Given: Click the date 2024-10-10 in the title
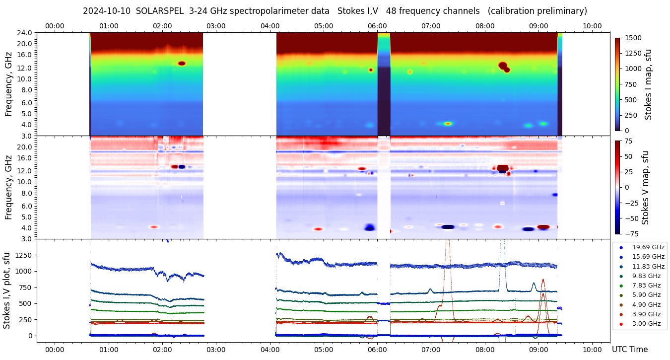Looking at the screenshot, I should coord(107,11).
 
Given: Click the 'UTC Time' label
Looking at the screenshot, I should coord(630,350).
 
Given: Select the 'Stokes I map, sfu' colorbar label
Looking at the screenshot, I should coord(648,84).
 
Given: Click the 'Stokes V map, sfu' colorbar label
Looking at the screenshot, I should coord(645,187).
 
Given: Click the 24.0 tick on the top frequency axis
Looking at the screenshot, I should coord(25,33).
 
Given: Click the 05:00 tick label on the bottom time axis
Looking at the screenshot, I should coord(324,350).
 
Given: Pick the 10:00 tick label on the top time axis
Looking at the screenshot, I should coord(592,26).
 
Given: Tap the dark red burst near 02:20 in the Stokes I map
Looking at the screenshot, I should coord(182,64).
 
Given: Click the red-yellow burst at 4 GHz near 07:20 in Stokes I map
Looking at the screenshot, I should coord(448,124).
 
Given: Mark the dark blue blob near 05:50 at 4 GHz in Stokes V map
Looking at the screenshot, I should coord(369,227).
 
